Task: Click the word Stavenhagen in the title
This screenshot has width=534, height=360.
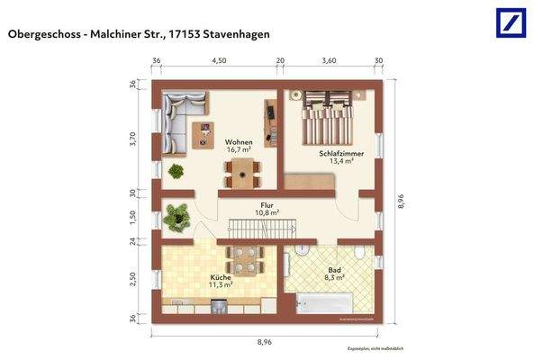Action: pyautogui.click(x=233, y=34)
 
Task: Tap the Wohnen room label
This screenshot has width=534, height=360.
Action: pyautogui.click(x=239, y=142)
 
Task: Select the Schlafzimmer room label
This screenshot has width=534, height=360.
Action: pyautogui.click(x=335, y=153)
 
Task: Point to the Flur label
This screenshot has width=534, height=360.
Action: pyautogui.click(x=267, y=205)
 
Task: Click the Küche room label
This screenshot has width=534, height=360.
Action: pyautogui.click(x=221, y=277)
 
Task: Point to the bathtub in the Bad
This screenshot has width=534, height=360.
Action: pyautogui.click(x=326, y=305)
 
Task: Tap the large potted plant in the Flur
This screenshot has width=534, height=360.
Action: pyautogui.click(x=177, y=217)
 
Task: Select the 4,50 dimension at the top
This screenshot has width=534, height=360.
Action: pyautogui.click(x=218, y=60)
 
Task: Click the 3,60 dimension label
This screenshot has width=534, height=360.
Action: pyautogui.click(x=329, y=60)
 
